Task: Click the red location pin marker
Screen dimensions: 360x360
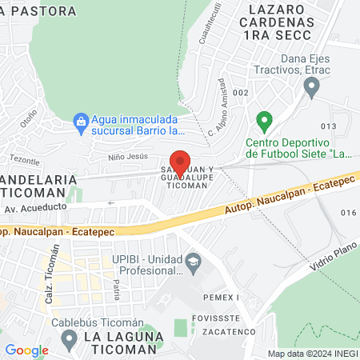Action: pyautogui.click(x=181, y=163)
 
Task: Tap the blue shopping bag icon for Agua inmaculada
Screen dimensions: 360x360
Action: pyautogui.click(x=80, y=121)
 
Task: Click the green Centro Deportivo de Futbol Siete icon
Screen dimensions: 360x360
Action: pyautogui.click(x=263, y=122)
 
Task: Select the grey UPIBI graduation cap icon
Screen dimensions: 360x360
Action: pyautogui.click(x=193, y=261)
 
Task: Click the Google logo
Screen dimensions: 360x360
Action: pyautogui.click(x=26, y=350)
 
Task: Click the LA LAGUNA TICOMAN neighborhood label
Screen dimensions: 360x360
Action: pyautogui.click(x=120, y=342)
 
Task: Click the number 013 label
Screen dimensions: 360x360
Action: pyautogui.click(x=328, y=126)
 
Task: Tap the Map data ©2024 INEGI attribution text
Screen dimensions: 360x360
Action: pyautogui.click(x=311, y=354)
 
